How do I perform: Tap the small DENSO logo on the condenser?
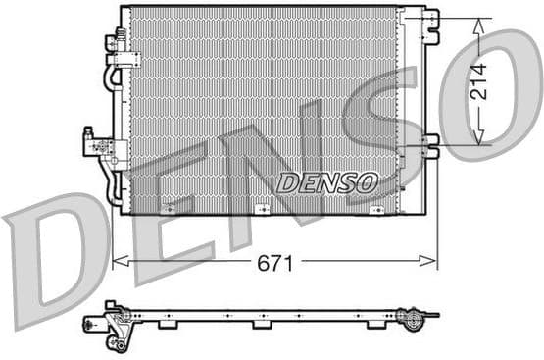(x=326, y=181)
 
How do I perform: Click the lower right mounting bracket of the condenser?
(x=429, y=143)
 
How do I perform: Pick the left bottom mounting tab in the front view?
(x=170, y=210)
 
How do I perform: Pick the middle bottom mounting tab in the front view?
(x=262, y=210)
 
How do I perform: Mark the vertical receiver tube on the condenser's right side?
(x=402, y=108)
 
